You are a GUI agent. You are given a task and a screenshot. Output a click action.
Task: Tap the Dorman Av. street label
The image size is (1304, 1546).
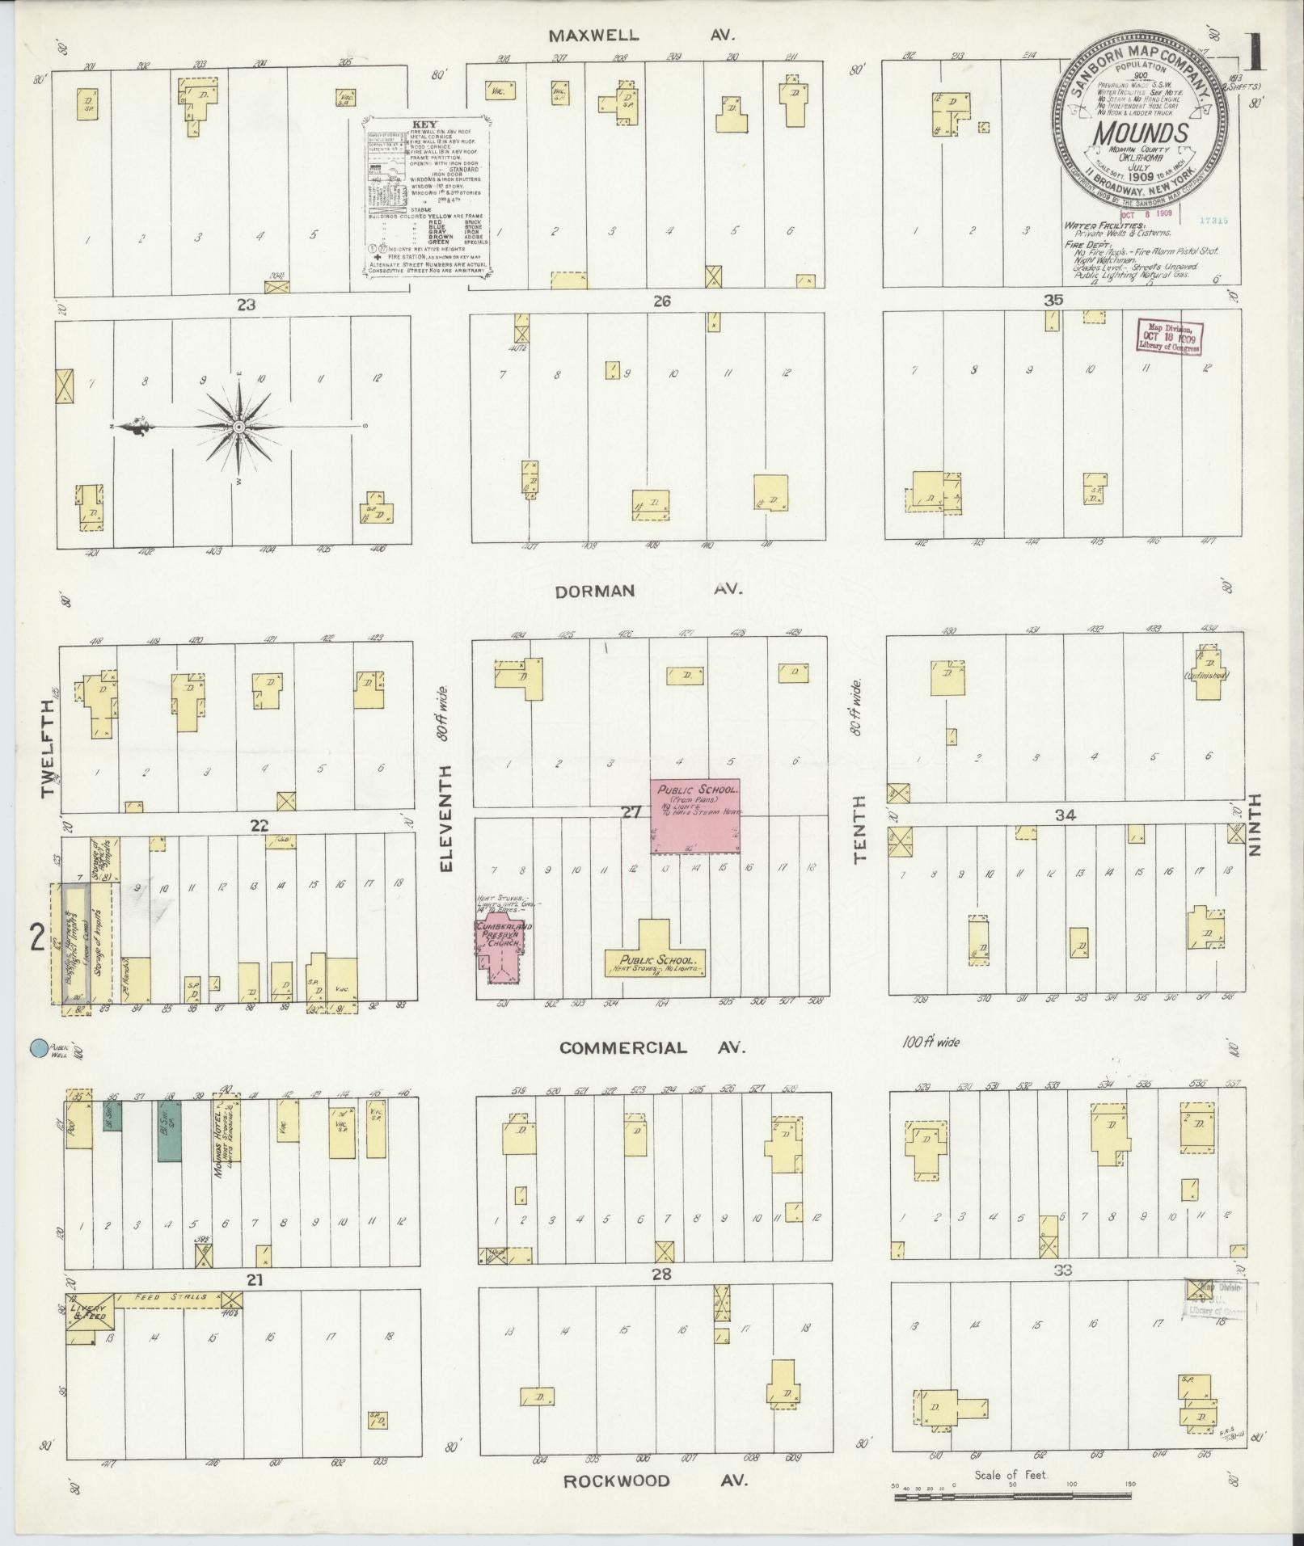point(649,591)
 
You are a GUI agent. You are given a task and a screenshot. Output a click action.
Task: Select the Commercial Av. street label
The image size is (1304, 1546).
point(651,1048)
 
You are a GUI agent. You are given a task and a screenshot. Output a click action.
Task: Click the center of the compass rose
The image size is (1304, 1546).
point(238,426)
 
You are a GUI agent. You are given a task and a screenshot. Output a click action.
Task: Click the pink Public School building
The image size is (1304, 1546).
point(697,816)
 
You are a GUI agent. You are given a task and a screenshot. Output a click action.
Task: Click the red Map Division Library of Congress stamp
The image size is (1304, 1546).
point(1170,336)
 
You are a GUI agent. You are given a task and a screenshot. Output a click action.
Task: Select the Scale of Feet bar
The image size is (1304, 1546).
point(1012,1498)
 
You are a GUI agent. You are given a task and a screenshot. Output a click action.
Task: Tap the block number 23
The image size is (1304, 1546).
point(245,305)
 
